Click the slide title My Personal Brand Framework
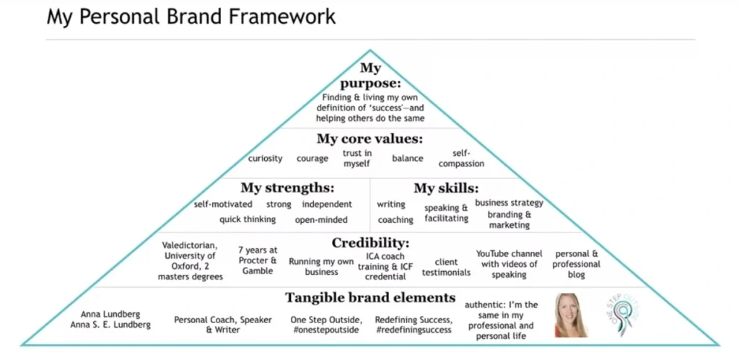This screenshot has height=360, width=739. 191,17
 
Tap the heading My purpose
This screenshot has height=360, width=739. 370,76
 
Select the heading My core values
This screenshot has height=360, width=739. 370,139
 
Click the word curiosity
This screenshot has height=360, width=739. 266,158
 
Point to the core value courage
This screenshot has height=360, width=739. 312,159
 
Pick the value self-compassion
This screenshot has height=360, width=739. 461,159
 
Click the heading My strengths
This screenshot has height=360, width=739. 287,188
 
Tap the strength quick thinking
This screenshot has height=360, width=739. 248,219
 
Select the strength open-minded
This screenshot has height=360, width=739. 321,219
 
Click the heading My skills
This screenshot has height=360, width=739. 446,188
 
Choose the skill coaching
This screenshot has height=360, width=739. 395,220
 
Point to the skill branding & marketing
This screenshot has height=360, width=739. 510,220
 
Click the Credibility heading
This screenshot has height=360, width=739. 370,243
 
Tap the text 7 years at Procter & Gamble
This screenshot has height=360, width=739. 258,261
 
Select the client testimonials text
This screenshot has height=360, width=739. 446,267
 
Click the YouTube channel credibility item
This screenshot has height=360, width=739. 509,264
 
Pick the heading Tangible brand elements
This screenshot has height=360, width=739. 370,298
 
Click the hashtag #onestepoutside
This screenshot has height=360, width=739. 325,330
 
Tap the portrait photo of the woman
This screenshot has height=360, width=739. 572,315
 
